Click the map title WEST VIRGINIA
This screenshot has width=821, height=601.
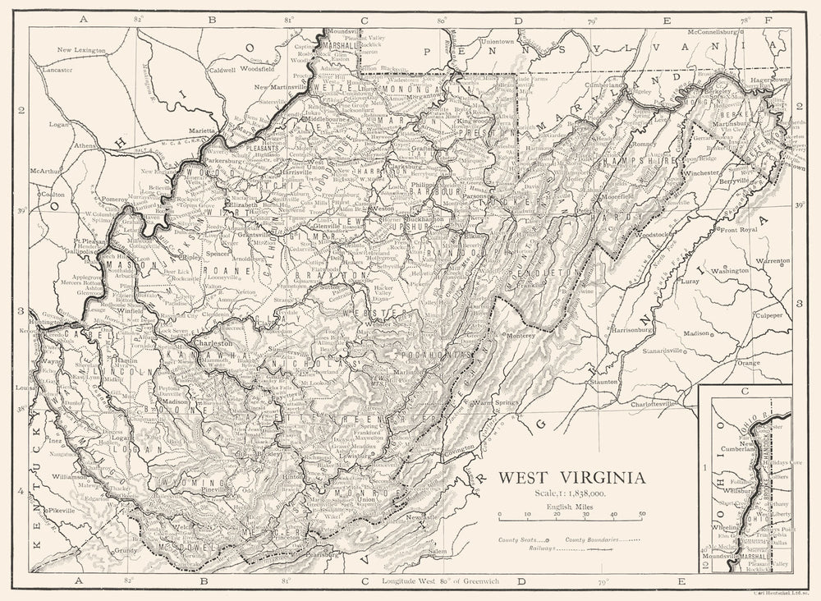572,477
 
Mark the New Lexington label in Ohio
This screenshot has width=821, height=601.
81,51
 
